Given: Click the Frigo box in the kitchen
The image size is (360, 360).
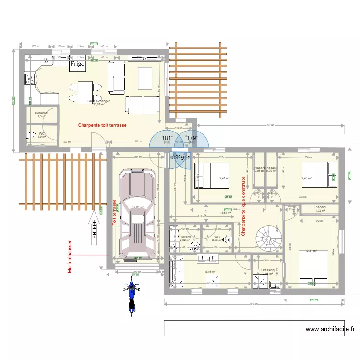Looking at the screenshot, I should click(77, 64).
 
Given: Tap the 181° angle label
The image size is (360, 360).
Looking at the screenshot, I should click(167, 138).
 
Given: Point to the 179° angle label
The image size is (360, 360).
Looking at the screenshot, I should click(192, 138).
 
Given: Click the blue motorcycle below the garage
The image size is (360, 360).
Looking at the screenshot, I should click(131, 296).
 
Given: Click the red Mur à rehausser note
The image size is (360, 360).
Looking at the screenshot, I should click(70, 258).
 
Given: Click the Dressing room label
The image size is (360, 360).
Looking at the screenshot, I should click(267, 270).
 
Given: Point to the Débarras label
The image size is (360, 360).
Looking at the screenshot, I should click(41, 113).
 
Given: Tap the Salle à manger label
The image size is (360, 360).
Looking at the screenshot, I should click(99, 102).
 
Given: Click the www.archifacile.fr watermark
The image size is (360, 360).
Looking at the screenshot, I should click(330, 329).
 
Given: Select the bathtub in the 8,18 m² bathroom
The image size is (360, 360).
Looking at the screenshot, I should click(177, 272).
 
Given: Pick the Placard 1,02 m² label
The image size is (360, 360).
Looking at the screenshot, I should click(320, 208).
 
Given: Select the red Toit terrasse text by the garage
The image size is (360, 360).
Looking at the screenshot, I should click(114, 213).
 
